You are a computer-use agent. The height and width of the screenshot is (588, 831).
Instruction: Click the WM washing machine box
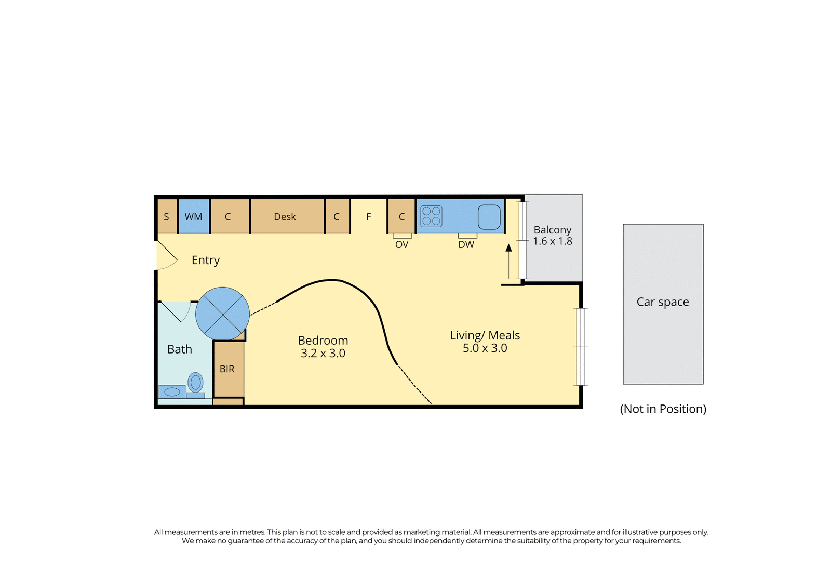point(194,216)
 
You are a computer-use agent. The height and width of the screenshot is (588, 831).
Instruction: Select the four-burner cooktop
point(431,216)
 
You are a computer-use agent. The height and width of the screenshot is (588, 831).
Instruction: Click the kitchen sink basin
point(489,217)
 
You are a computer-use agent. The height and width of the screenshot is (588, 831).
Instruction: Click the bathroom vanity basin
point(172,392)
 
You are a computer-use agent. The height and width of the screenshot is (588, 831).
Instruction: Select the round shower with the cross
point(223,314)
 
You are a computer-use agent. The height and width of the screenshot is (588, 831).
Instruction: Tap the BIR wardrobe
point(229,369)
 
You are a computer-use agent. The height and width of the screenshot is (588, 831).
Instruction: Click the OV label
point(402,244)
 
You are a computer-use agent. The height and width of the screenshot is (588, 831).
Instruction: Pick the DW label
point(466,244)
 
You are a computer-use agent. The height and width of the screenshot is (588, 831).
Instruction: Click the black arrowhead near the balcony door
point(508,247)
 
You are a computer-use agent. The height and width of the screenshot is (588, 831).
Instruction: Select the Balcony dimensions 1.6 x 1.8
point(553,241)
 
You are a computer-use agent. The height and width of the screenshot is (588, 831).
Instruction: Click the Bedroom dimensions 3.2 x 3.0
point(323,353)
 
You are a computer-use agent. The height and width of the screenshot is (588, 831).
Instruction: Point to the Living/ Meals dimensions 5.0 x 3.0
point(485,348)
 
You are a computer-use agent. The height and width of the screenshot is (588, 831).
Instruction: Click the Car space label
point(663,302)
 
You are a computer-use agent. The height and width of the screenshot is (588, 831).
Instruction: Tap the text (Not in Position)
point(663,409)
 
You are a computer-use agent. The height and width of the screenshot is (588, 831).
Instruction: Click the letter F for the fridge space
point(368,217)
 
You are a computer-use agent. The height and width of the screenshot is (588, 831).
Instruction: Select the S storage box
point(167,216)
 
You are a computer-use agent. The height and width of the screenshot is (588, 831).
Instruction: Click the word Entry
point(206,260)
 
